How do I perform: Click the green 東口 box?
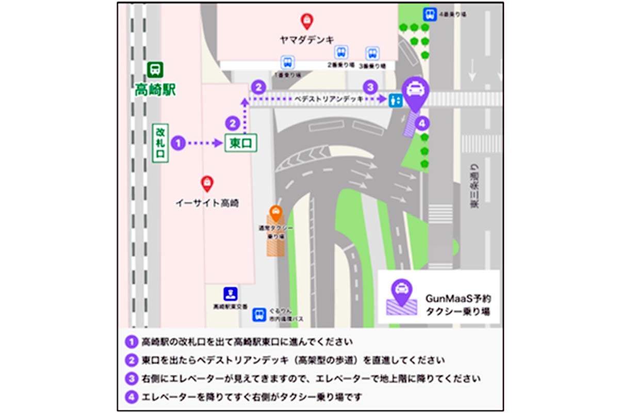(241, 143)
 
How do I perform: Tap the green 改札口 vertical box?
(160, 142)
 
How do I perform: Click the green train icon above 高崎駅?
(155, 69)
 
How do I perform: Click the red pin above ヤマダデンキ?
(307, 21)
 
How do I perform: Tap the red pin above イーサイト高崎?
(207, 183)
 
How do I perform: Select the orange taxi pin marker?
(276, 212)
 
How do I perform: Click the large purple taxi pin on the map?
(415, 92)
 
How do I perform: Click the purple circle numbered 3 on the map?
(369, 87)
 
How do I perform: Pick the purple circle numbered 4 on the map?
(422, 123)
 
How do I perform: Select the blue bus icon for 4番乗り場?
(428, 14)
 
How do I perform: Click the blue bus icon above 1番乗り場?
(287, 62)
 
